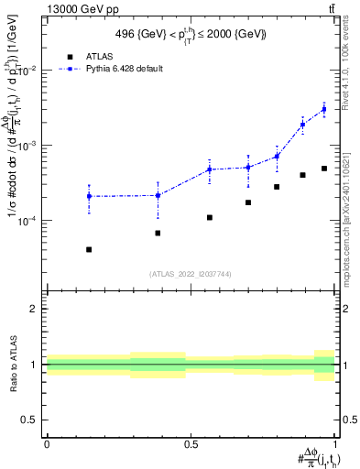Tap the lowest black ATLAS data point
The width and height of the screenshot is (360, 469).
(x=89, y=249)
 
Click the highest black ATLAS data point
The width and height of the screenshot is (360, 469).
(x=324, y=169)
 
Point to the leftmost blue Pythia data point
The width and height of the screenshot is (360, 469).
(x=89, y=196)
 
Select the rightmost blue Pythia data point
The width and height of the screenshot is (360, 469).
(x=324, y=109)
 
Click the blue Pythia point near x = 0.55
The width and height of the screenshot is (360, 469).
(x=210, y=169)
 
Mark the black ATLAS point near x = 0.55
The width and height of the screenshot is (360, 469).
(x=210, y=217)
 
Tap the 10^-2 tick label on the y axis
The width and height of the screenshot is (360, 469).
(x=29, y=71)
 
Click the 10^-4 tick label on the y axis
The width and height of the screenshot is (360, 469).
(x=29, y=221)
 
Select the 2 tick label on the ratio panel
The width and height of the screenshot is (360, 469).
(x=35, y=309)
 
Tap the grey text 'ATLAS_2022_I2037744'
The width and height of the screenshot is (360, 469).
(x=191, y=274)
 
